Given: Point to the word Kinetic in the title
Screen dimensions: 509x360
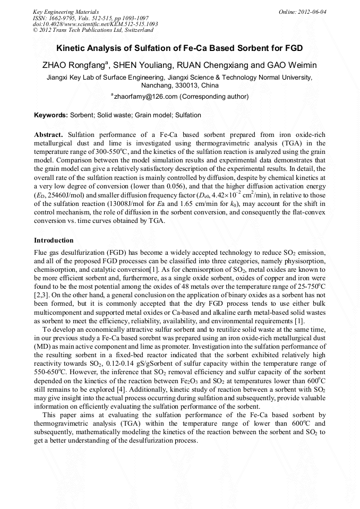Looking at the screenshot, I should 71,48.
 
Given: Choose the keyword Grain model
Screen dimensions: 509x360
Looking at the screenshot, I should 152,115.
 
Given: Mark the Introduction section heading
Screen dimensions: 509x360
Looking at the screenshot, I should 54,240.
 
